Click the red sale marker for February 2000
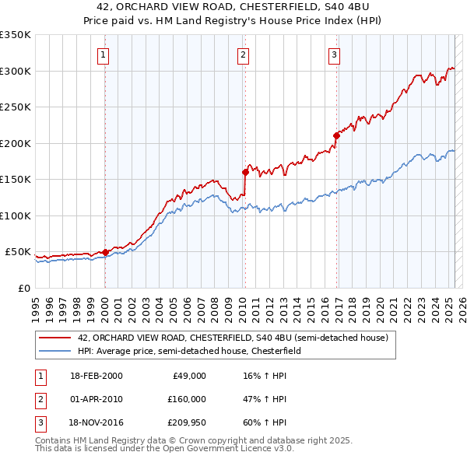[x=105, y=252]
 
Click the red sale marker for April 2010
[x=244, y=172]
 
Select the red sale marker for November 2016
[x=336, y=135]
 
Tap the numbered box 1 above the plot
[x=104, y=54]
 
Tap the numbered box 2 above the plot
[x=244, y=54]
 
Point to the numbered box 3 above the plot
[x=334, y=54]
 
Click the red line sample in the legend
[x=55, y=338]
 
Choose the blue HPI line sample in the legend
[x=55, y=351]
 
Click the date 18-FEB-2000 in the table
[x=96, y=376]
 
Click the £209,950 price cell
[x=184, y=423]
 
